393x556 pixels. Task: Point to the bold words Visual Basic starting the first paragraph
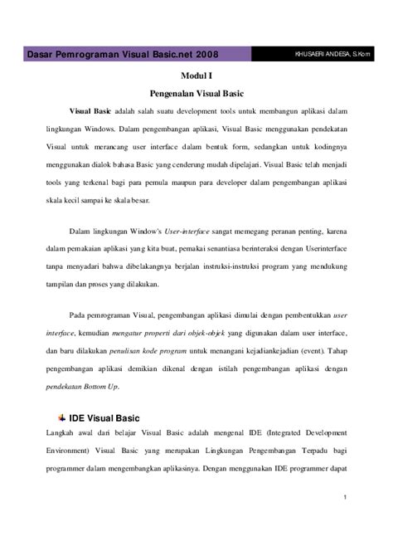(91, 110)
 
